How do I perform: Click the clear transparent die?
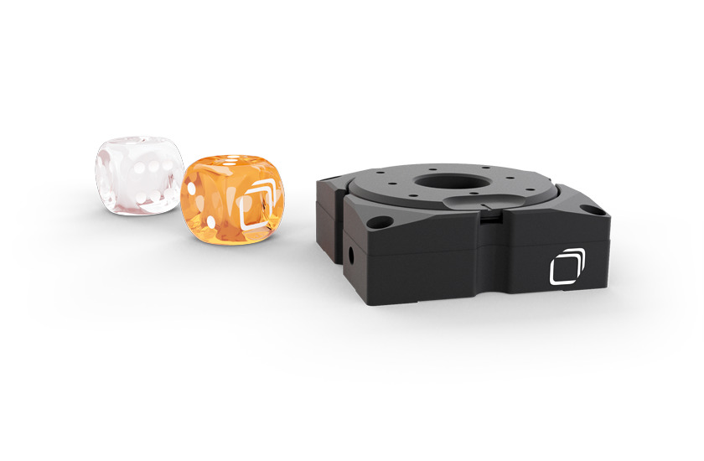click(138, 177)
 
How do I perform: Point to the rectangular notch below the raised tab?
click(488, 220)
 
